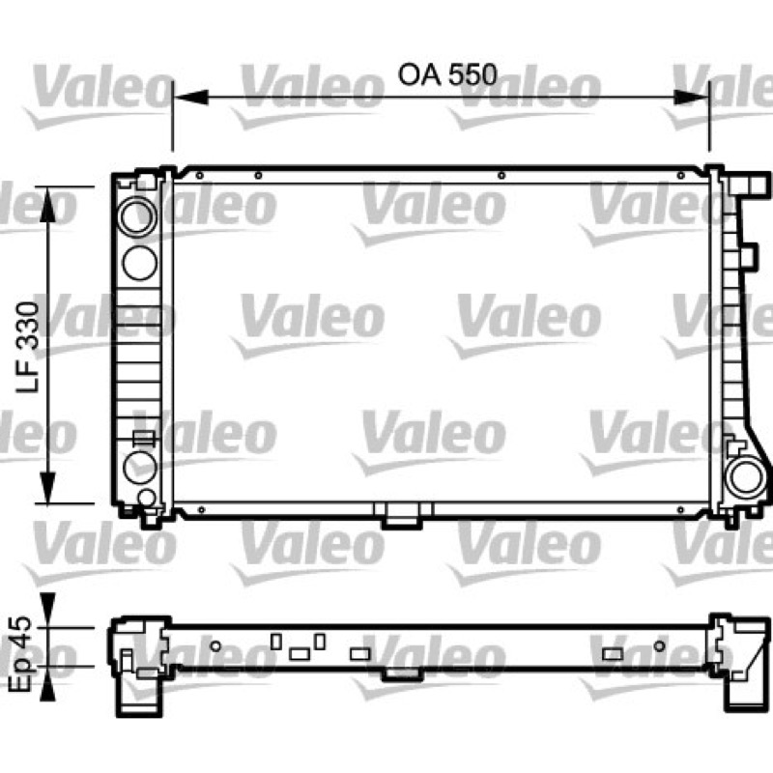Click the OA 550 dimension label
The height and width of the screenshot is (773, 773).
[x=447, y=75]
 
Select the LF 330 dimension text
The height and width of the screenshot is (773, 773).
[x=28, y=347]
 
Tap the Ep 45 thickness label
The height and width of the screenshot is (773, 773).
[x=20, y=653]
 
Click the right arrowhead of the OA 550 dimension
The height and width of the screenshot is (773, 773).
[x=690, y=98]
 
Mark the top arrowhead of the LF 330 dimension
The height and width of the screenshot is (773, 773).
[x=47, y=204]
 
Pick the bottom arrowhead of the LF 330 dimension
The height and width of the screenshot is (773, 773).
[x=47, y=487]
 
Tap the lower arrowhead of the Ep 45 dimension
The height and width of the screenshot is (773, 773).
[x=47, y=683]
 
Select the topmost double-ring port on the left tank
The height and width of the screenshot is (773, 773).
[x=137, y=216]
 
